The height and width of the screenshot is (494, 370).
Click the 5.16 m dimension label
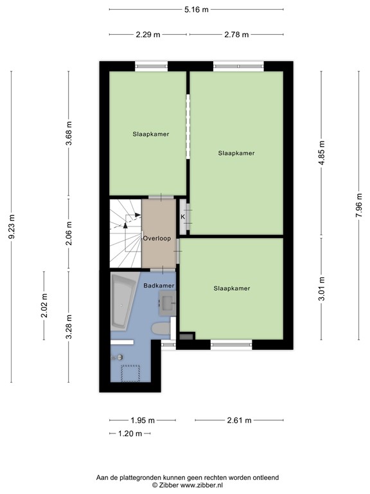pyautogui.click(x=197, y=10)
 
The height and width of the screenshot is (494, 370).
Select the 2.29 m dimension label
pyautogui.click(x=148, y=34)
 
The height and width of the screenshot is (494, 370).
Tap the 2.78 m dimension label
pyautogui.click(x=236, y=34)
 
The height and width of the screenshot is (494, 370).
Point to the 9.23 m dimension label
pyautogui.click(x=12, y=227)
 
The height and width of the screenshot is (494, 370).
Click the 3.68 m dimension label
pyautogui.click(x=69, y=133)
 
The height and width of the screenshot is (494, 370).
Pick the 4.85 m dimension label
pyautogui.click(x=322, y=154)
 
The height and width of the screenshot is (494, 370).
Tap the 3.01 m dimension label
pyautogui.click(x=322, y=288)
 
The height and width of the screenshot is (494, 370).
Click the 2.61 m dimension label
pyautogui.click(x=239, y=420)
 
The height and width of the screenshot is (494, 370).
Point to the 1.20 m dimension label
pyautogui.click(x=130, y=434)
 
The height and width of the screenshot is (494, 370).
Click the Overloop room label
pyautogui.click(x=157, y=238)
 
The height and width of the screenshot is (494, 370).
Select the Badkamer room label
pyautogui.click(x=159, y=286)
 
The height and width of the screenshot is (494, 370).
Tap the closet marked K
pyautogui.click(x=184, y=217)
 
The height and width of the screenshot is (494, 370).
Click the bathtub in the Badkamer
pyautogui.click(x=123, y=302)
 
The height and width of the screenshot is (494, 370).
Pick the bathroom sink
pyautogui.click(x=168, y=304)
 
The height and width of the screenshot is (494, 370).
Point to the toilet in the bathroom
pyautogui.click(x=161, y=329)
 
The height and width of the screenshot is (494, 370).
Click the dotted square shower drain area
pyautogui.click(x=130, y=373)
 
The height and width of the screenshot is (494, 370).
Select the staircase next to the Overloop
pyautogui.click(x=125, y=233)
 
